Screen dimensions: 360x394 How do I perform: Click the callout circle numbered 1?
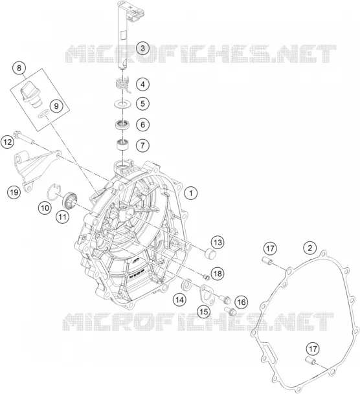191,193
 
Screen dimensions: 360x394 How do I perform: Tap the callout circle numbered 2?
310,248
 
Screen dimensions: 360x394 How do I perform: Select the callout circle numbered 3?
143,48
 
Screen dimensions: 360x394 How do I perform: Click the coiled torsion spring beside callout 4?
123,85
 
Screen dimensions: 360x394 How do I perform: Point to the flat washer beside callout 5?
122,104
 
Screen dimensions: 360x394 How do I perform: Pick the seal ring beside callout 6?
122,125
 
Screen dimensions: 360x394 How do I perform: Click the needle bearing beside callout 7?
123,145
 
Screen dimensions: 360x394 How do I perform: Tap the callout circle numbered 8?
19,68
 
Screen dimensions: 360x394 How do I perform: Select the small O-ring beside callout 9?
43,114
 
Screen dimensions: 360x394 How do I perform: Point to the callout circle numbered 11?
62,217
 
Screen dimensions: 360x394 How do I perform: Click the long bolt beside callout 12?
24,138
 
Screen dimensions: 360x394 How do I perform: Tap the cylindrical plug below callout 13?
210,254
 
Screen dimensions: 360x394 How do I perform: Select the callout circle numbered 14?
180,300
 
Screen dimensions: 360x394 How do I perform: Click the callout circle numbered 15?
203,312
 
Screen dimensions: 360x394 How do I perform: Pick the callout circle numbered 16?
241,302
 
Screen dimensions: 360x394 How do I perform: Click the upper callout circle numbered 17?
270,249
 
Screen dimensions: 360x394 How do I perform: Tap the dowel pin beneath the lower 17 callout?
311,361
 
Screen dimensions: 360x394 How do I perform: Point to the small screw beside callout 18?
206,277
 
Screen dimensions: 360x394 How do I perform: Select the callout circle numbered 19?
14,193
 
